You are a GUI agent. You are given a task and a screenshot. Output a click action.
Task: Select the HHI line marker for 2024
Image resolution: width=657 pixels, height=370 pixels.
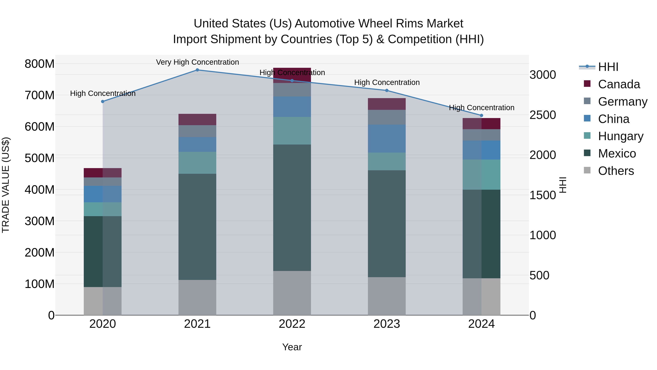482,115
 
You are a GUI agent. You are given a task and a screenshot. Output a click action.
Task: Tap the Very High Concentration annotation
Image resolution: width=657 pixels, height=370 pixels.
197,62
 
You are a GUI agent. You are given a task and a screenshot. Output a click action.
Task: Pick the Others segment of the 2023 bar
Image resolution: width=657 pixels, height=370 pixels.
387,296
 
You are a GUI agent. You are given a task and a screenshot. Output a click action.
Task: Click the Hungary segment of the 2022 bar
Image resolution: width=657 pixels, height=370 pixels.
292,131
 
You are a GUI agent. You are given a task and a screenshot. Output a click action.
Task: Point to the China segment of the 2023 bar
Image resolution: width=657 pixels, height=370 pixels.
387,139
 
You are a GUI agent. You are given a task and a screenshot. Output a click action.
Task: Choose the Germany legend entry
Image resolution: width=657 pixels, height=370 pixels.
622,102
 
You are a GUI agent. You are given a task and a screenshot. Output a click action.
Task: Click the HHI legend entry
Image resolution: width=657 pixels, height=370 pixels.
608,67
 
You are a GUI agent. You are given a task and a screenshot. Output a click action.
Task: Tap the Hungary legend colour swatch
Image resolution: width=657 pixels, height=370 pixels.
587,136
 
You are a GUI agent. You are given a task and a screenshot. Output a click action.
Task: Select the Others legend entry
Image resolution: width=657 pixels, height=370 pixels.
616,171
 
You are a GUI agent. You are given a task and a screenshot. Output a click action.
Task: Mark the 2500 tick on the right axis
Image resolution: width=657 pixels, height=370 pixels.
543,115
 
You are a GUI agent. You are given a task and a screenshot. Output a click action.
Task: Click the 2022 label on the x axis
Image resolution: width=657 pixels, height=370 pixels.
292,324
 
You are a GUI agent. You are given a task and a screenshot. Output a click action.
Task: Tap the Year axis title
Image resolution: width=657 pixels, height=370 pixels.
292,347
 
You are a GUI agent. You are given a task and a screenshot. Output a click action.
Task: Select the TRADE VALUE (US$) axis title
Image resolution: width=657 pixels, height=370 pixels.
6,185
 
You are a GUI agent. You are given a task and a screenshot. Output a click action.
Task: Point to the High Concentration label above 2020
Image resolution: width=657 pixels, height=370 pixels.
103,93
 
